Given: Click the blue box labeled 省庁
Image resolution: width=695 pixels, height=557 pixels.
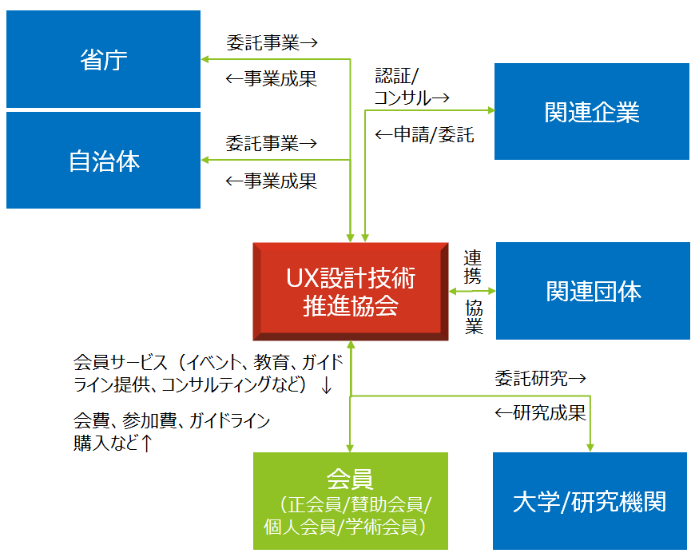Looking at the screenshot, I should pos(103,59).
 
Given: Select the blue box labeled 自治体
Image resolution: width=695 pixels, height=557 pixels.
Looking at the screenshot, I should pos(103,161).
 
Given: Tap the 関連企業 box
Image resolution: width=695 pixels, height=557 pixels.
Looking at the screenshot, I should pos(591,112).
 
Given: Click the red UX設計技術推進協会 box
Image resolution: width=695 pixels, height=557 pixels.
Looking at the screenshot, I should pos(350,292).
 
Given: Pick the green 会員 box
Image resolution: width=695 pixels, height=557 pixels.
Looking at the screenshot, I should pos(350,500).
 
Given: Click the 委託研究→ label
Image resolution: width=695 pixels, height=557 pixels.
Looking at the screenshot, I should pos(540,376).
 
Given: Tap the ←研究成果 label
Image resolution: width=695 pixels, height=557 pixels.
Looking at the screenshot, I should pos(540,412).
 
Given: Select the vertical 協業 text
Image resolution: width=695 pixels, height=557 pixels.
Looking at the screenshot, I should pos(474,316).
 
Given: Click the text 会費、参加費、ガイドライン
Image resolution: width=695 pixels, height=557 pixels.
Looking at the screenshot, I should pos(172,420).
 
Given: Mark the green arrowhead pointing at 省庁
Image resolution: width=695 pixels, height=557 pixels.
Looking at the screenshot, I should pos(205,59).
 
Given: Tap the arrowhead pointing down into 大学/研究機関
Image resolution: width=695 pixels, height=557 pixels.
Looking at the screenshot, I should pos(590,448).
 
